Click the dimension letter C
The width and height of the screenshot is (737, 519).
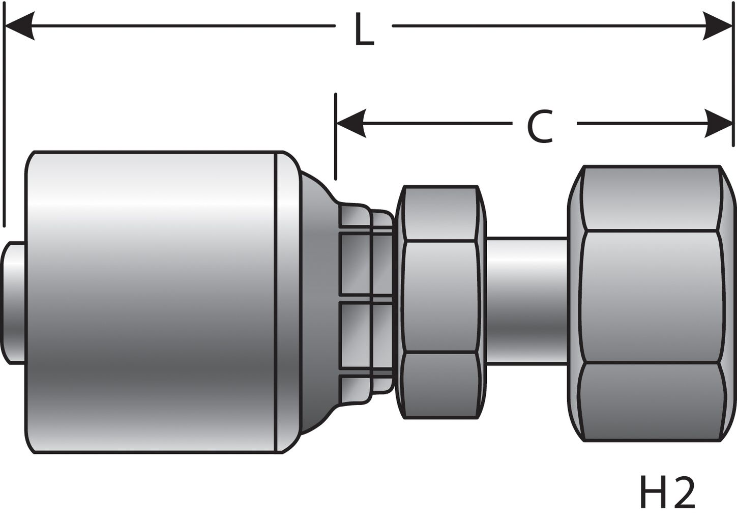(x=540, y=127)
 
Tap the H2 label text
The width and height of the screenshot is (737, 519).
(x=667, y=493)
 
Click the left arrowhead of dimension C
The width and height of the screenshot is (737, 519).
(x=351, y=123)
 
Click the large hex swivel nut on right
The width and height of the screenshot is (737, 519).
(x=651, y=298)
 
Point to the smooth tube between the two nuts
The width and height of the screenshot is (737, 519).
(x=524, y=300)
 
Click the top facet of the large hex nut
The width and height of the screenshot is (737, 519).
(x=651, y=198)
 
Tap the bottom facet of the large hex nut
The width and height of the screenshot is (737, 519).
(x=651, y=402)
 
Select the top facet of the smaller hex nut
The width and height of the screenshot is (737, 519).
(x=440, y=214)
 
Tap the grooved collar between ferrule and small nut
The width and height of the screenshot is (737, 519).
(x=366, y=303)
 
